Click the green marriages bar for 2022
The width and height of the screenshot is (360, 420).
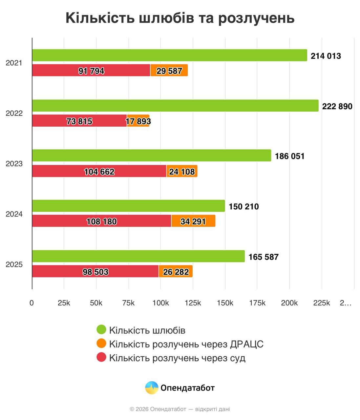[x=175, y=106]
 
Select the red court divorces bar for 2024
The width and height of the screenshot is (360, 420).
[x=101, y=221]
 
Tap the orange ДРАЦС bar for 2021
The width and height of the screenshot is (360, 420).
[x=169, y=71]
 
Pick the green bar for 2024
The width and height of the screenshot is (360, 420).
[x=128, y=206]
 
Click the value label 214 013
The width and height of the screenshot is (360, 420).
[x=326, y=56]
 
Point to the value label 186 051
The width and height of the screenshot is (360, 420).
[x=289, y=156]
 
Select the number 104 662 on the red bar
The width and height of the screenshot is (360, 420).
[x=99, y=172]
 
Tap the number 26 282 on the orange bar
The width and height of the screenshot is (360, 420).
[x=176, y=272]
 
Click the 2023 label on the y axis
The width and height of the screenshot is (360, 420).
[x=14, y=164]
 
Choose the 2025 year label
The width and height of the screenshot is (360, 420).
[x=14, y=264]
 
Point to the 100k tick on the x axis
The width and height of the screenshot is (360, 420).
[x=160, y=303]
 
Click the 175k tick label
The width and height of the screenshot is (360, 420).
[x=257, y=303]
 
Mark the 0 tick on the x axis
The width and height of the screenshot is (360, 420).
[x=32, y=303]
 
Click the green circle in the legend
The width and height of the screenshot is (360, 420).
[x=101, y=330]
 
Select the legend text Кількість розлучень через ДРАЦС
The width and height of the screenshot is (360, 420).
[x=186, y=344]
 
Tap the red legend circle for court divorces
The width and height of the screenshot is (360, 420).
[x=101, y=357]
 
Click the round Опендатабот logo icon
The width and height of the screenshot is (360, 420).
[x=152, y=388]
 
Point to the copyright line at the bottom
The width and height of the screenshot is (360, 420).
[x=180, y=409]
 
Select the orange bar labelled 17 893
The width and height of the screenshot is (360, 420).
[x=138, y=121]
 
